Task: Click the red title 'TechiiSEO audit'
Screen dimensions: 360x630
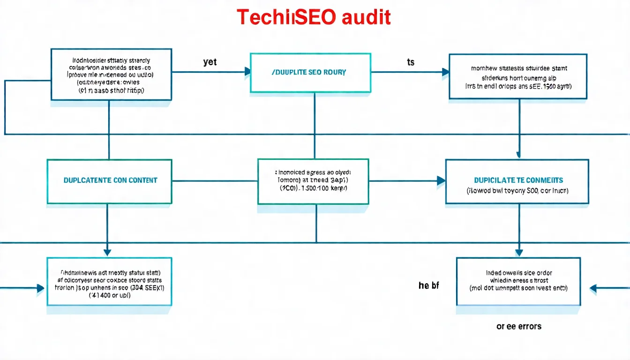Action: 314,17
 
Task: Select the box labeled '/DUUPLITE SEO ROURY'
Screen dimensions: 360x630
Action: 310,73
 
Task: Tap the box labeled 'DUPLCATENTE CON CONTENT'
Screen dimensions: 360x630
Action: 110,180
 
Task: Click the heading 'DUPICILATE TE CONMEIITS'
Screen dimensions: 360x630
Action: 518,180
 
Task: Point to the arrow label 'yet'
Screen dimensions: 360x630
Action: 210,62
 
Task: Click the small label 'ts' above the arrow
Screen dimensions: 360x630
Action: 411,62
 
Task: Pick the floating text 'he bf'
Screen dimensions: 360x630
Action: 428,285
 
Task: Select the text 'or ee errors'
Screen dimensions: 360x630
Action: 519,326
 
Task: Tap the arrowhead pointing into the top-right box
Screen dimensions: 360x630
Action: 445,72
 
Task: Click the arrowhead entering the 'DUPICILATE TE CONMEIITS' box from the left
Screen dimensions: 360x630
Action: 441,180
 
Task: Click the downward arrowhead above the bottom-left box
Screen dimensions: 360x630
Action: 107,252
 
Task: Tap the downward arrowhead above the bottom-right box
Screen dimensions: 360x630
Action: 519,252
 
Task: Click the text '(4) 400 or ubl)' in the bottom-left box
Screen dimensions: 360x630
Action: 109,296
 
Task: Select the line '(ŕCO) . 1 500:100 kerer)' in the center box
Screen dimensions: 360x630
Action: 313,188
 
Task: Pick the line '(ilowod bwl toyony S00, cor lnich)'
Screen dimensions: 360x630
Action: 517,191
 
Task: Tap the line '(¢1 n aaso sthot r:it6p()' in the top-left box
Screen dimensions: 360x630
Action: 111,90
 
